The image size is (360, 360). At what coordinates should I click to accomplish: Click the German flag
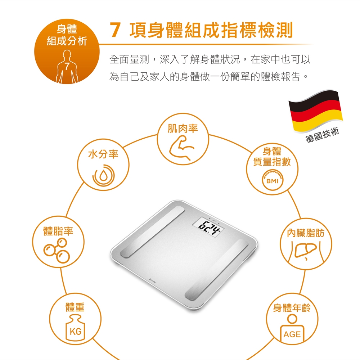[x=315, y=111]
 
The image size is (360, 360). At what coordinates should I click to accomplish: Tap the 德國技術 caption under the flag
[x=322, y=135]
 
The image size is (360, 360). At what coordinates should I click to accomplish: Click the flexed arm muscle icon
[x=181, y=147]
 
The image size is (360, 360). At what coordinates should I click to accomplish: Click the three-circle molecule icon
[x=57, y=250]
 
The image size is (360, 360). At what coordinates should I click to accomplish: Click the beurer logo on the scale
[x=152, y=280]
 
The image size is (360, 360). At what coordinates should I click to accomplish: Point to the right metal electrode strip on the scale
[x=217, y=270]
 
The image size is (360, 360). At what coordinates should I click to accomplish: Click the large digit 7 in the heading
[x=115, y=30]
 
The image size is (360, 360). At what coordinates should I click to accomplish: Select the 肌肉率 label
[x=183, y=129]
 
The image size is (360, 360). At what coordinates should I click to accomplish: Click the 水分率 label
[x=103, y=154]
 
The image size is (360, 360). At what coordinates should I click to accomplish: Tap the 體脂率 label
[x=58, y=231]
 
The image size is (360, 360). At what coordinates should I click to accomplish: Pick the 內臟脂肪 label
[x=306, y=233]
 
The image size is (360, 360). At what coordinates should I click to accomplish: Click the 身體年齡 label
[x=292, y=308]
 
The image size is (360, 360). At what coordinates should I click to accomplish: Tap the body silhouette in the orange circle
[x=67, y=67]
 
